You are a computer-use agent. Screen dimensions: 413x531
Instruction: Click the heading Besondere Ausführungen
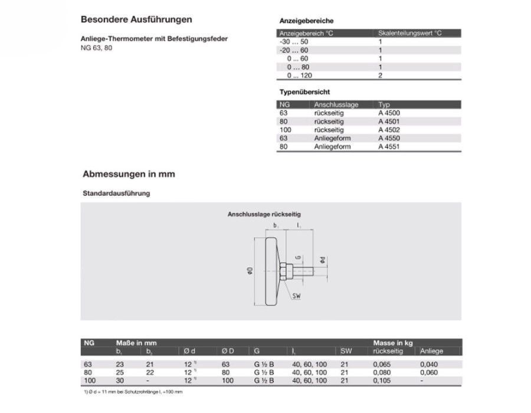pos(136,19)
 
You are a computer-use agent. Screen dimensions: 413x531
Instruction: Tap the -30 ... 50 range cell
pos(293,42)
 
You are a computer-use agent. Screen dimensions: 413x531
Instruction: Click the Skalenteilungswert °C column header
pos(409,34)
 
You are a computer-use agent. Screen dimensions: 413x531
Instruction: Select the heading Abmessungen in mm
pos(128,175)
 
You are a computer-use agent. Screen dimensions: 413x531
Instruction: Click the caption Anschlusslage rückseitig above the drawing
pos(264,215)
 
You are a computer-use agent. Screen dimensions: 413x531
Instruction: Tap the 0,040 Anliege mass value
pos(430,364)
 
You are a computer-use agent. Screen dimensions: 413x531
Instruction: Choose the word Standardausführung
pos(115,193)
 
